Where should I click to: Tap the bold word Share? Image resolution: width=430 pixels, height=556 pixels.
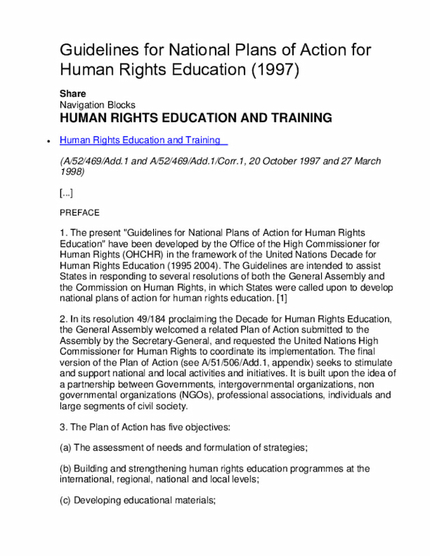(73, 94)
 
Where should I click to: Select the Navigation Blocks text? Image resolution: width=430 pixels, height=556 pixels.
(97, 105)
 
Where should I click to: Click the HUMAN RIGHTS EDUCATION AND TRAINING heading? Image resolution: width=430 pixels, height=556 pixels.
(196, 118)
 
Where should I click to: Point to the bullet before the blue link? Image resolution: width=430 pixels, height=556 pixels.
(47, 141)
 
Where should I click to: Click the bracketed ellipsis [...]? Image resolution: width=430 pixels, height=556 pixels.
(66, 193)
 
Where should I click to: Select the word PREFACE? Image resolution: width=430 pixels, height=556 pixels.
(79, 213)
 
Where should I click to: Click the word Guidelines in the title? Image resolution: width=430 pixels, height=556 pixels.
(101, 50)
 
